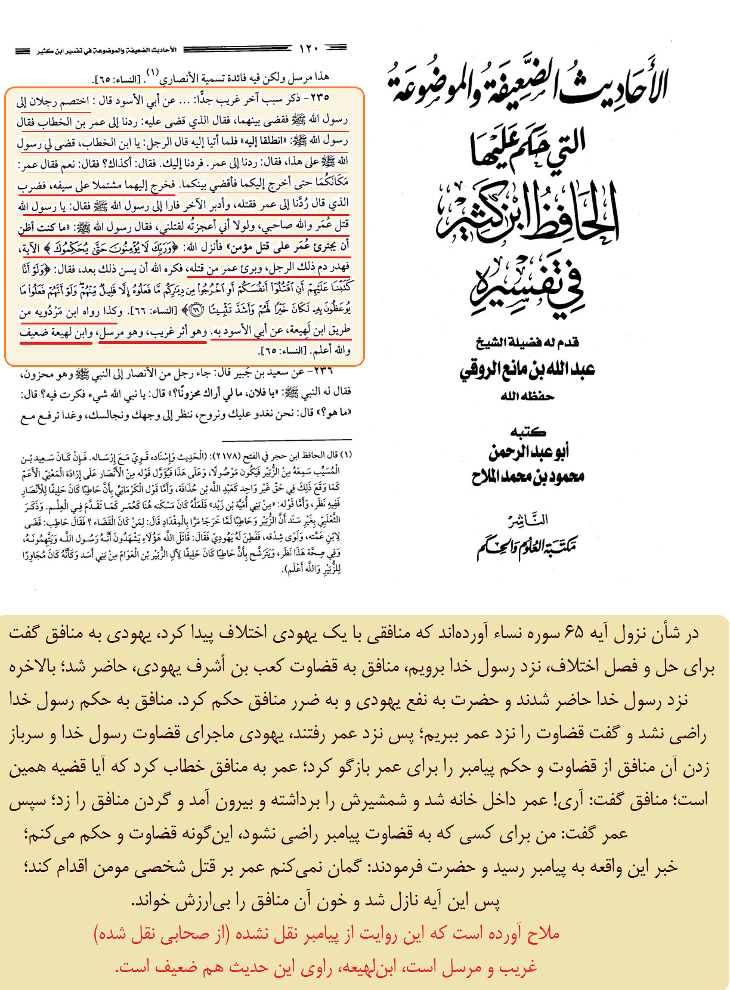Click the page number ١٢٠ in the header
(309, 49)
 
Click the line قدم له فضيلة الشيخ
(527, 342)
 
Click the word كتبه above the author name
(528, 432)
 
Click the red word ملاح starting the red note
(543, 933)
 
